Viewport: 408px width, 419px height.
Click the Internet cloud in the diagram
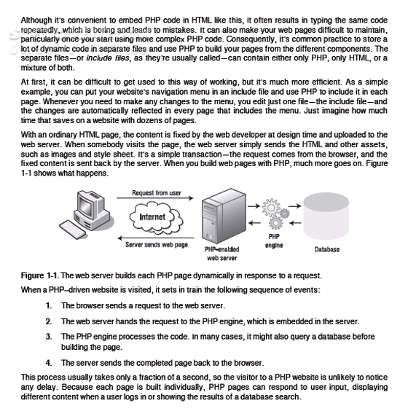click(x=157, y=218)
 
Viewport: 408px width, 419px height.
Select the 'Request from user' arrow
click(x=155, y=198)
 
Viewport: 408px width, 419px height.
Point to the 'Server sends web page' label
click(x=157, y=245)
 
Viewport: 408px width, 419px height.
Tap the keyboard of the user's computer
click(x=73, y=230)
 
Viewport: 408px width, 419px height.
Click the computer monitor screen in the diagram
click(x=85, y=205)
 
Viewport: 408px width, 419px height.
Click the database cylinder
click(x=326, y=216)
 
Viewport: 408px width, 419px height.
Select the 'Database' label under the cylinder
click(x=327, y=249)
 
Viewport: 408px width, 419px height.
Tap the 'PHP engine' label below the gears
click(x=274, y=240)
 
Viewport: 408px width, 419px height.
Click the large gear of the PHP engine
click(x=271, y=208)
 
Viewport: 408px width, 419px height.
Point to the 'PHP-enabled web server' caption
click(x=222, y=254)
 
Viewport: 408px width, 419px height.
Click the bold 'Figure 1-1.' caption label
click(x=40, y=275)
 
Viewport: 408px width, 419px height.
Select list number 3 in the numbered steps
click(x=49, y=337)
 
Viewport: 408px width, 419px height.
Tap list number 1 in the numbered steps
click(x=49, y=305)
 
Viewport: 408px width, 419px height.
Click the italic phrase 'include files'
click(x=108, y=58)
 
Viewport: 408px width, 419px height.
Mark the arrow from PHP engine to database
click(x=295, y=206)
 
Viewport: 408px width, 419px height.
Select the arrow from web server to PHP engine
click(x=254, y=206)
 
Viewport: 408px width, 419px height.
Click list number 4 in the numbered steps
click(x=49, y=363)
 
